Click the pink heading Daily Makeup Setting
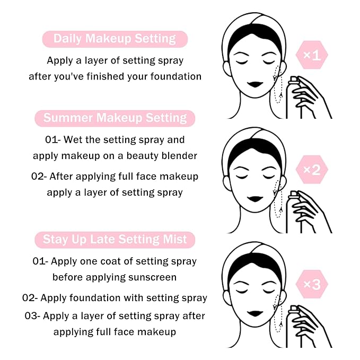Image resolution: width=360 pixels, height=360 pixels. click(115, 39)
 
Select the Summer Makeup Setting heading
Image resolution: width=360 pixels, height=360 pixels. click(115, 118)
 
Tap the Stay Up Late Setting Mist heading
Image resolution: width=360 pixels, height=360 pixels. click(115, 239)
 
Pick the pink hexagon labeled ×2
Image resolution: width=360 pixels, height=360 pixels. click(312, 170)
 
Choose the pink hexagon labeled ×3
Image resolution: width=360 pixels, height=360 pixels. click(312, 285)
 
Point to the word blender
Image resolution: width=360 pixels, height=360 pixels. click(180, 156)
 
